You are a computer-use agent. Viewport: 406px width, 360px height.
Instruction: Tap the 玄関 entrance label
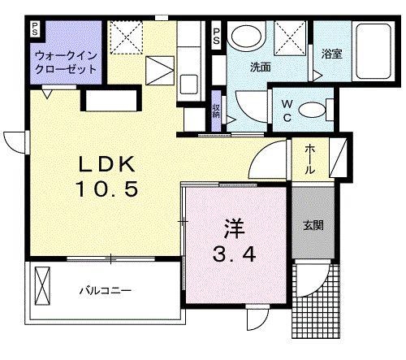click(314, 225)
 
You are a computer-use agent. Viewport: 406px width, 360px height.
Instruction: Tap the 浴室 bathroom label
click(331, 55)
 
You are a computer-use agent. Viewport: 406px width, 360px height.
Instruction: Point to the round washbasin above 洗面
click(244, 37)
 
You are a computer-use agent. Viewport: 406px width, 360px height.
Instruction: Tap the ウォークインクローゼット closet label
click(67, 63)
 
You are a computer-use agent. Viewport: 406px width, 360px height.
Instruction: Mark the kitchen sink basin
click(189, 83)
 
